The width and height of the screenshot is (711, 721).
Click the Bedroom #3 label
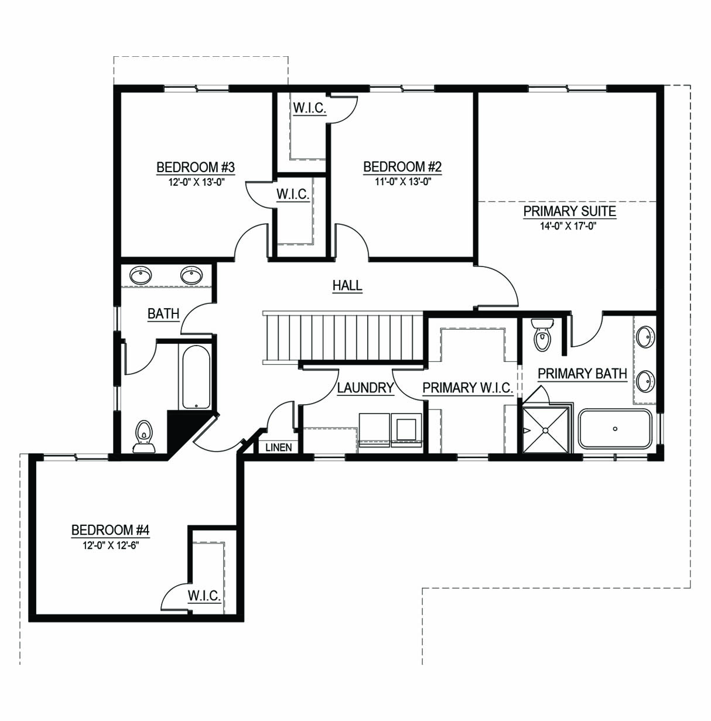196,167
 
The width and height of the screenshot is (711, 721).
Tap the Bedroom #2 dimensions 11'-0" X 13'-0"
403,182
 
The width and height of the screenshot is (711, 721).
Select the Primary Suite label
569,211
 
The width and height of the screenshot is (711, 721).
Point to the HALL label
347,285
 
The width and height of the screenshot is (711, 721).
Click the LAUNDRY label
365,388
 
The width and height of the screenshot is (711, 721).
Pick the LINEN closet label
279,447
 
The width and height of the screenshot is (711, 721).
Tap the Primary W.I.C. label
467,388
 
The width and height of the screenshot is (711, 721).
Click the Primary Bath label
582,374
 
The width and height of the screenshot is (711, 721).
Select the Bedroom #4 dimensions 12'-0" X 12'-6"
111,545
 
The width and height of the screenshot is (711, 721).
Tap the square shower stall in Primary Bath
546,430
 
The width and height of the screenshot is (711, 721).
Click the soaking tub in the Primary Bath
616,429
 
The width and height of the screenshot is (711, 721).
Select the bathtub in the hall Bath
196,377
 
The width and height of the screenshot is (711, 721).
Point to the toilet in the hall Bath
143,436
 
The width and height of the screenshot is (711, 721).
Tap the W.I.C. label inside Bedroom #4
204,595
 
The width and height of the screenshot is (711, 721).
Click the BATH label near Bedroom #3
163,313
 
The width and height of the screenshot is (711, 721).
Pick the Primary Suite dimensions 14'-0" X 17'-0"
568,226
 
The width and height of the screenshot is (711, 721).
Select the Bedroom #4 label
110,530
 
